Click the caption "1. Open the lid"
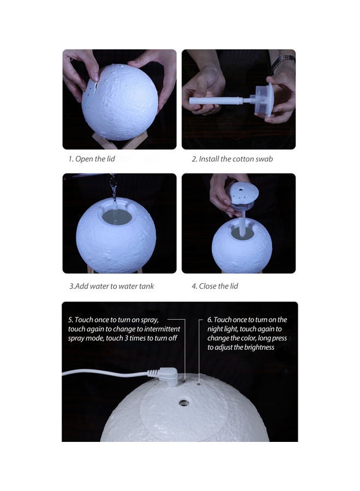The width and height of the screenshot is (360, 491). point(91,159)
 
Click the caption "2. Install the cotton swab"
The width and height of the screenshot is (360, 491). point(232,159)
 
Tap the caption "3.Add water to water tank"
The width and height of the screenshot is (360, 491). point(111,286)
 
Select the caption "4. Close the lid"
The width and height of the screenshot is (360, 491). point(214,286)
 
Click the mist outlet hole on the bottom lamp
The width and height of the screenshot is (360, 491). point(183,403)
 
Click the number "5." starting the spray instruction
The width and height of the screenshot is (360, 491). point(71,320)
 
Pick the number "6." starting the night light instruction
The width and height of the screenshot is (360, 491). point(210,320)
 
